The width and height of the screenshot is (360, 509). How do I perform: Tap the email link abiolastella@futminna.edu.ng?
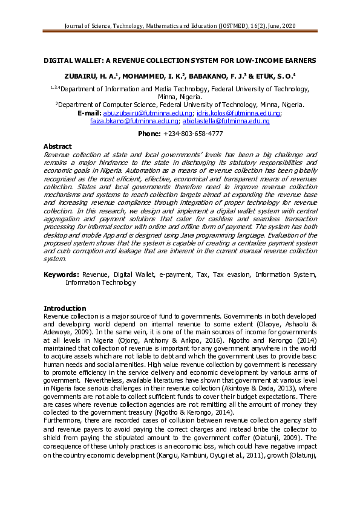click(231, 121)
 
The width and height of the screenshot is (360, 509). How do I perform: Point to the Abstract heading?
click(57, 147)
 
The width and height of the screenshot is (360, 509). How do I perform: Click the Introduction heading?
click(65, 308)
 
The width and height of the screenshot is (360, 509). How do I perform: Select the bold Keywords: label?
click(61, 274)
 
